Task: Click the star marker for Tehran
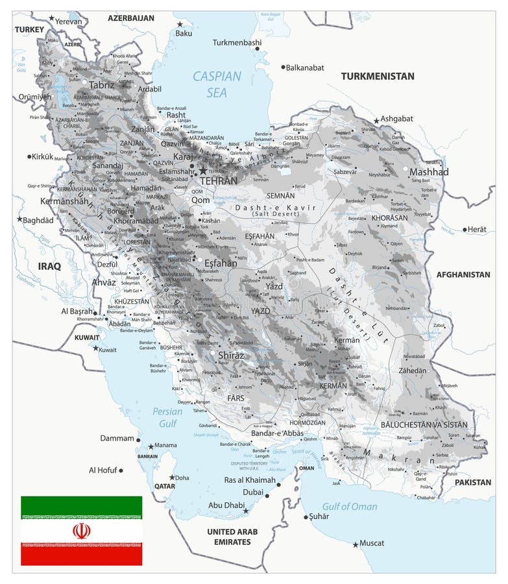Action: coord(203,171)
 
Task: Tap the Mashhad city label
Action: coord(429,172)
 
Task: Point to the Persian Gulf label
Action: coord(167,417)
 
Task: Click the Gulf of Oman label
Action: coord(350,506)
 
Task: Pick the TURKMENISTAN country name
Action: coord(378,76)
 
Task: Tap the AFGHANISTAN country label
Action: coord(463,274)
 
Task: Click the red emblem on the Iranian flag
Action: coord(82,531)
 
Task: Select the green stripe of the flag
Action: coord(82,506)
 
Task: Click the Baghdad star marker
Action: coord(19,219)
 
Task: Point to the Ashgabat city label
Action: coord(396,119)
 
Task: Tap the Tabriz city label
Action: coord(102,85)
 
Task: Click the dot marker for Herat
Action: coord(465,230)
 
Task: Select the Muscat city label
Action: coord(372,543)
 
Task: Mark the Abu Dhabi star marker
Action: coord(245,511)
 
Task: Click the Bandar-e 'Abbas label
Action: coord(277,433)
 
